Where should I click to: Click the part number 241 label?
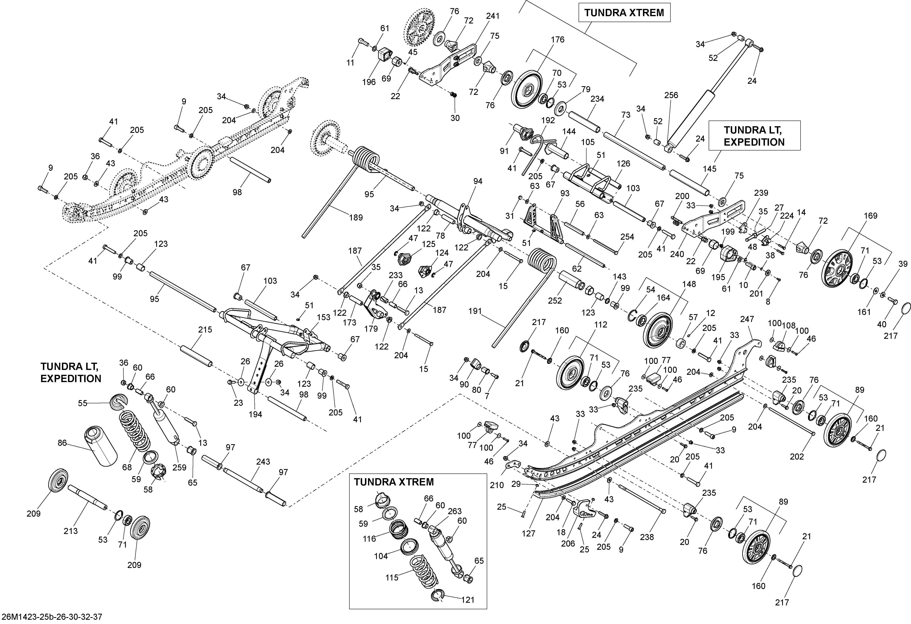tap(493, 16)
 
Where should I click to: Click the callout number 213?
tap(71, 531)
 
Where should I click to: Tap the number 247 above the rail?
tap(747, 319)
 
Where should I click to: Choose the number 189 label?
tap(356, 217)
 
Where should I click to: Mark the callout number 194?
tap(255, 414)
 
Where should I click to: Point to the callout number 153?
tap(324, 318)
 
